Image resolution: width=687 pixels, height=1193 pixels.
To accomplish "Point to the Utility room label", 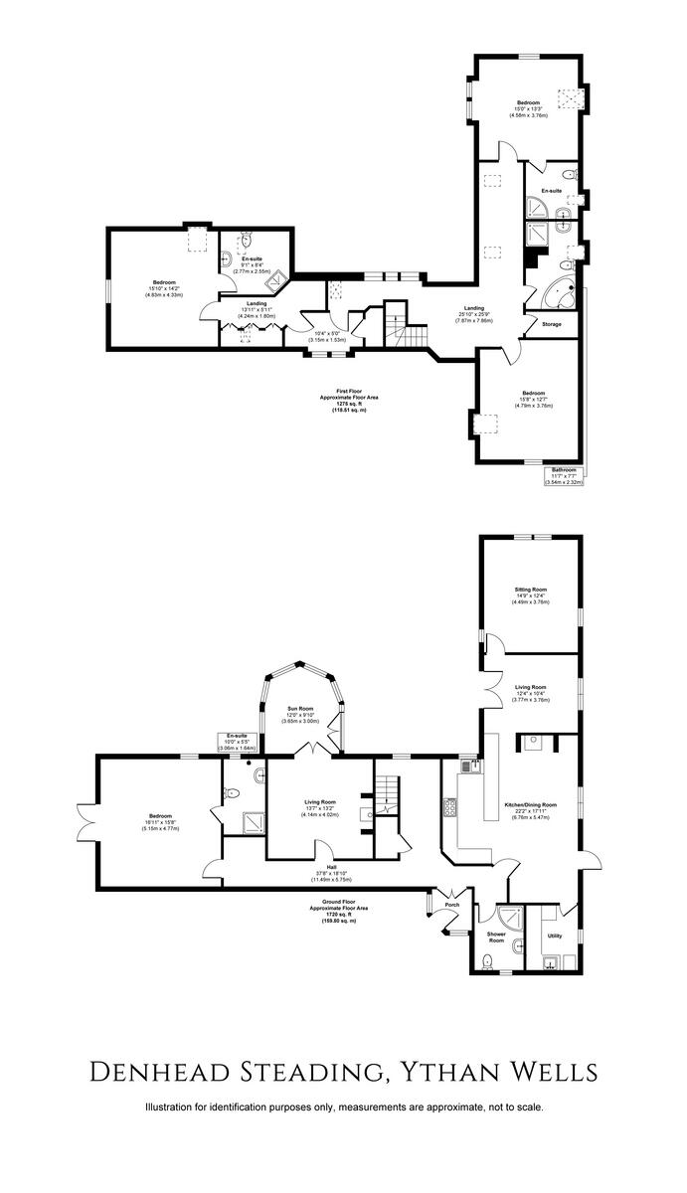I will (x=555, y=936).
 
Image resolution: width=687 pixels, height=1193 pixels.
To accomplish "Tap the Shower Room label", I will (x=496, y=937).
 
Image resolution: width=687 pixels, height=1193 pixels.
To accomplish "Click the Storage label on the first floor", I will (x=552, y=324).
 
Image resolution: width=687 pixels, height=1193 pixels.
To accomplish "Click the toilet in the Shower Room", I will (x=486, y=960).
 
